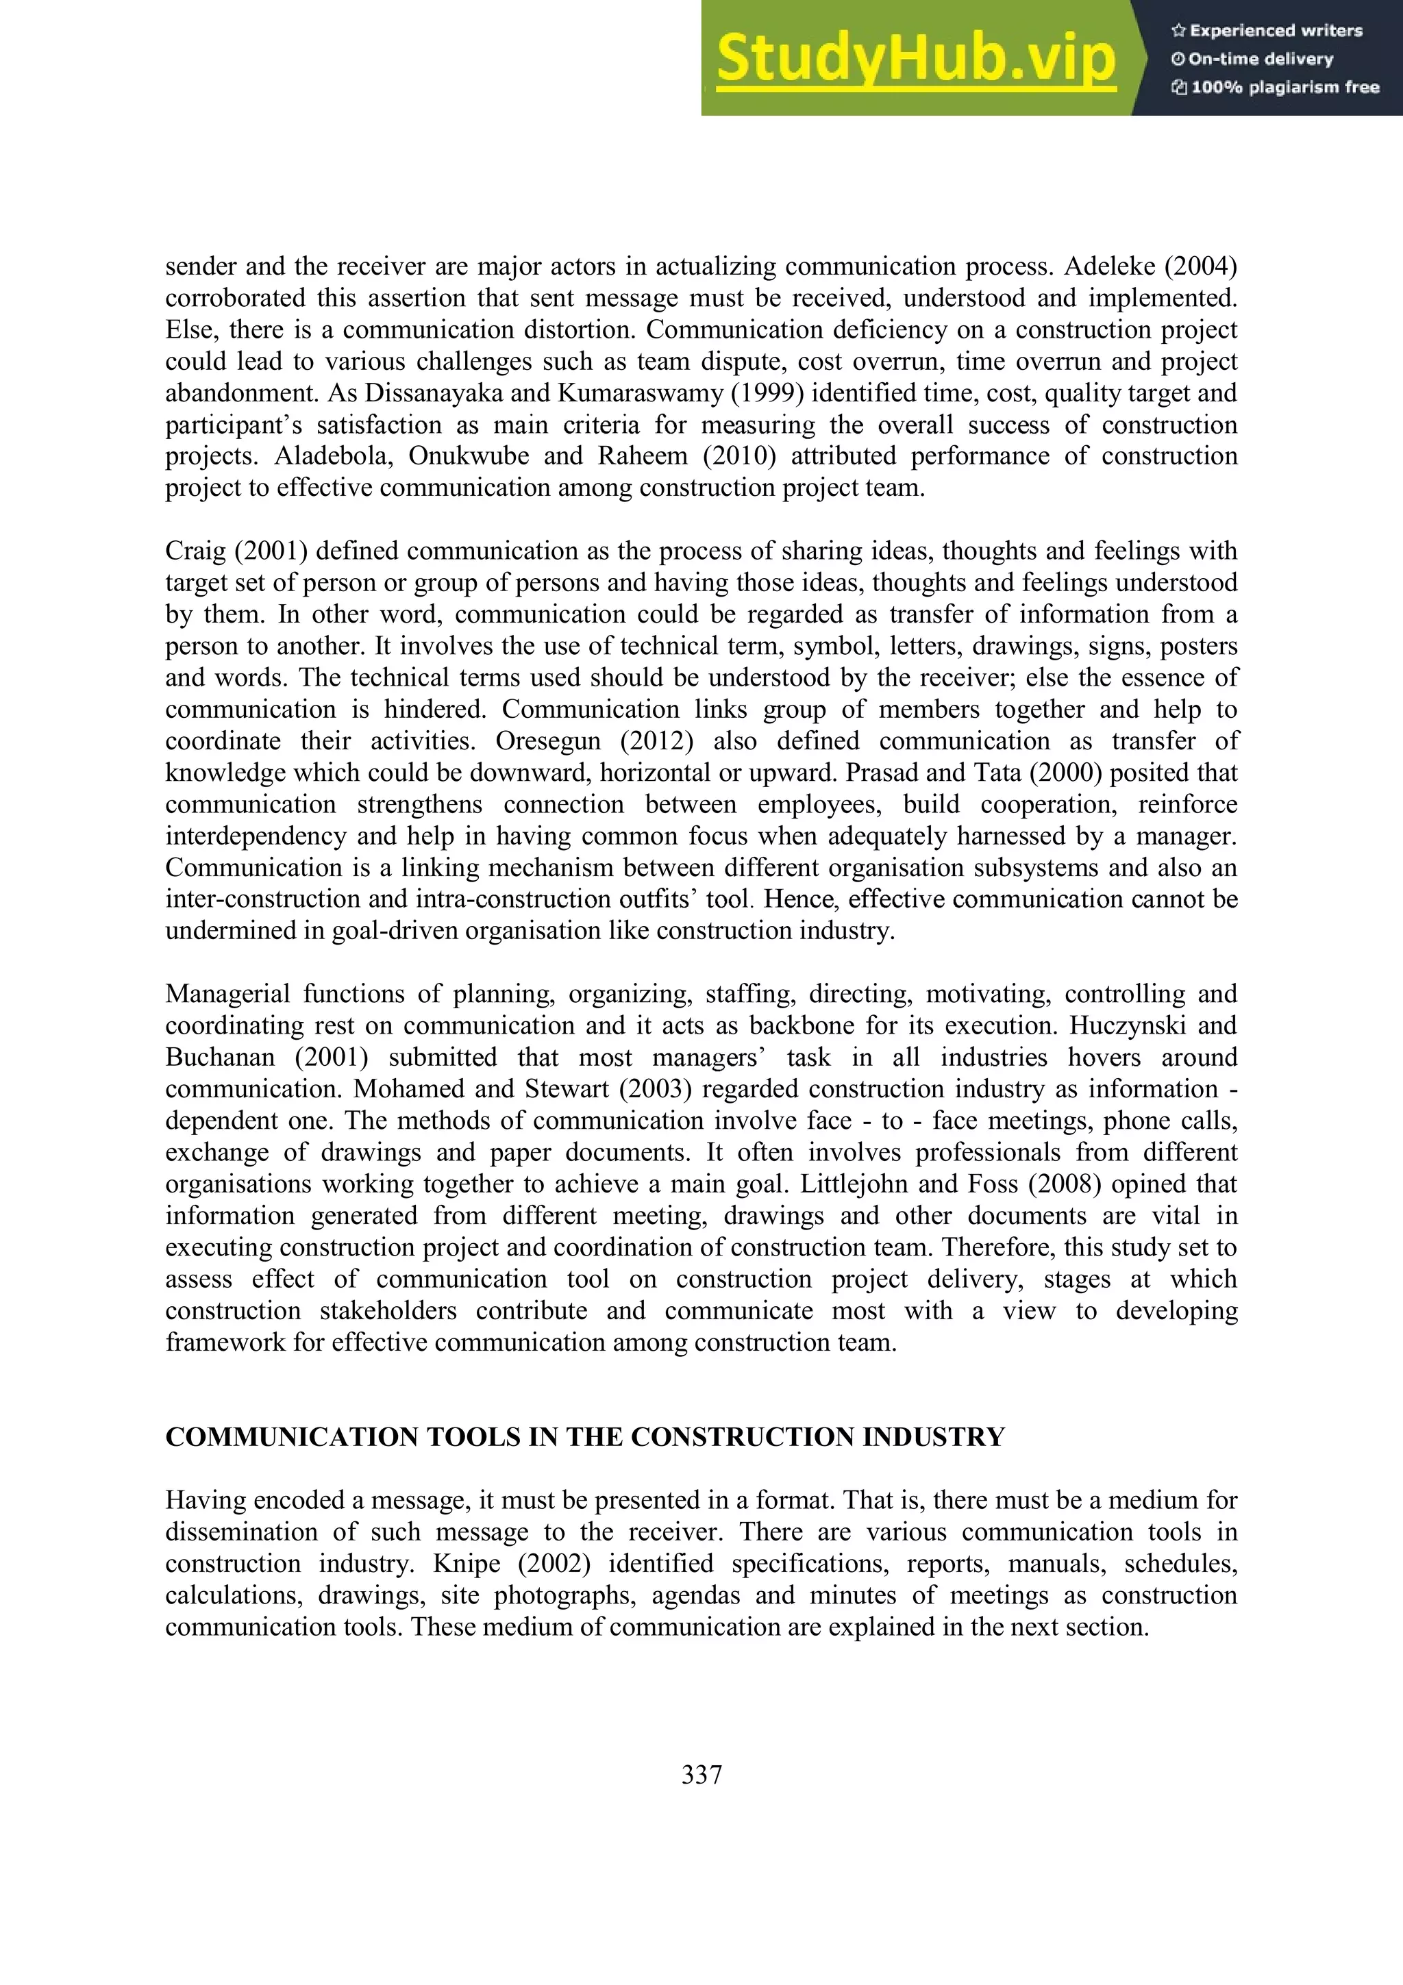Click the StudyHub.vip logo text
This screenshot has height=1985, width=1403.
click(915, 59)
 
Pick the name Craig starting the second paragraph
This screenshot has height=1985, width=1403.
click(195, 551)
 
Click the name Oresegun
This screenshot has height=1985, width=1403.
click(547, 742)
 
